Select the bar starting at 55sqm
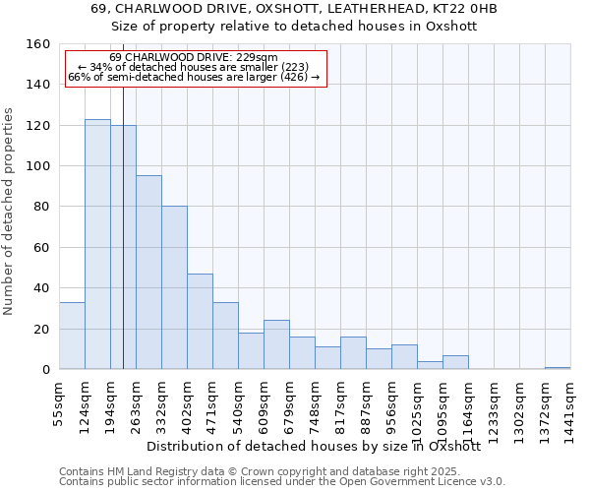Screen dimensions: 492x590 72,336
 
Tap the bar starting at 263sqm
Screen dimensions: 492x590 148,273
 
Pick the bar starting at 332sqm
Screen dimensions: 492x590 174,287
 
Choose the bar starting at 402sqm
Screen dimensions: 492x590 200,321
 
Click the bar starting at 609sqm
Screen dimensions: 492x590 276,344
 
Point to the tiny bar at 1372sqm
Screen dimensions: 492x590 558,368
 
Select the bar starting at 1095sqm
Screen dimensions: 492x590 455,362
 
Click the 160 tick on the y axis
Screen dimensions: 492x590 38,44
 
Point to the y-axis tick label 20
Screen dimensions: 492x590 42,330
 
